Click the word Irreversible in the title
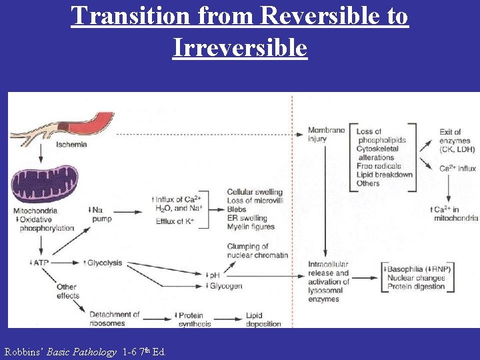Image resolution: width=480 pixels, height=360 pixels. coord(239,47)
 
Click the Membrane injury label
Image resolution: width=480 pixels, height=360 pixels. coord(326,134)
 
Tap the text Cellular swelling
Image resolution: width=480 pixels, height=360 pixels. coord(254,193)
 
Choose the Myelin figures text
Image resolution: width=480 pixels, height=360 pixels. coord(250,227)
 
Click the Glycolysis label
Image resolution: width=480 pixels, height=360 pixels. coord(105,263)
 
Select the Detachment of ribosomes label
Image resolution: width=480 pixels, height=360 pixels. coord(114,319)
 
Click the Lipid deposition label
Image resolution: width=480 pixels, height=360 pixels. coord(263,319)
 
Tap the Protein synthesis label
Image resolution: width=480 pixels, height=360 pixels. coord(194,319)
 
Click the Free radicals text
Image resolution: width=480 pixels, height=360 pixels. coord(379,166)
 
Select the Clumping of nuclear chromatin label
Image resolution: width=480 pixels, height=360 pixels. coord(257,251)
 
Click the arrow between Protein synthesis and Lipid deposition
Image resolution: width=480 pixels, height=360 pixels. coord(230,319)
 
